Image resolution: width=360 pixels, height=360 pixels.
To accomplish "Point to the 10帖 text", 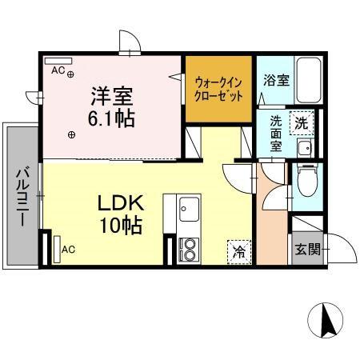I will click(120, 225).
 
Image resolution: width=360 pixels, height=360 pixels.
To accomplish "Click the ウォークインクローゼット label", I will click(218, 87).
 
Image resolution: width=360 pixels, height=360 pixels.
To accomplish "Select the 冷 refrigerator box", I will click(239, 250).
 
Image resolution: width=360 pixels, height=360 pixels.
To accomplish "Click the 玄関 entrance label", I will click(306, 249).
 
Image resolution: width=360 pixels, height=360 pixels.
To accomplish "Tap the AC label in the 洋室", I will click(58, 70).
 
